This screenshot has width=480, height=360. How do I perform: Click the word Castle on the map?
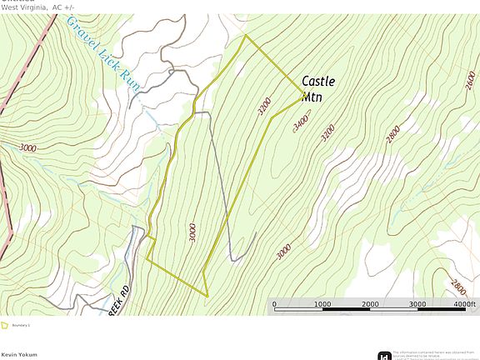click(x=318, y=82)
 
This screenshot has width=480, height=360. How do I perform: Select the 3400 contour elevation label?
click(x=302, y=123)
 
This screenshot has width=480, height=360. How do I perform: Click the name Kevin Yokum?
click(x=19, y=355)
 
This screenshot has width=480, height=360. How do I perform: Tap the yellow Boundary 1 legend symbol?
click(x=5, y=326)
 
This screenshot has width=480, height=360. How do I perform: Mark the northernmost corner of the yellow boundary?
click(x=246, y=36)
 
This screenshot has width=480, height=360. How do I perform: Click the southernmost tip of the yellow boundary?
click(x=207, y=295)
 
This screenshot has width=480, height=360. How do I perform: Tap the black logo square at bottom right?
click(x=384, y=356)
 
